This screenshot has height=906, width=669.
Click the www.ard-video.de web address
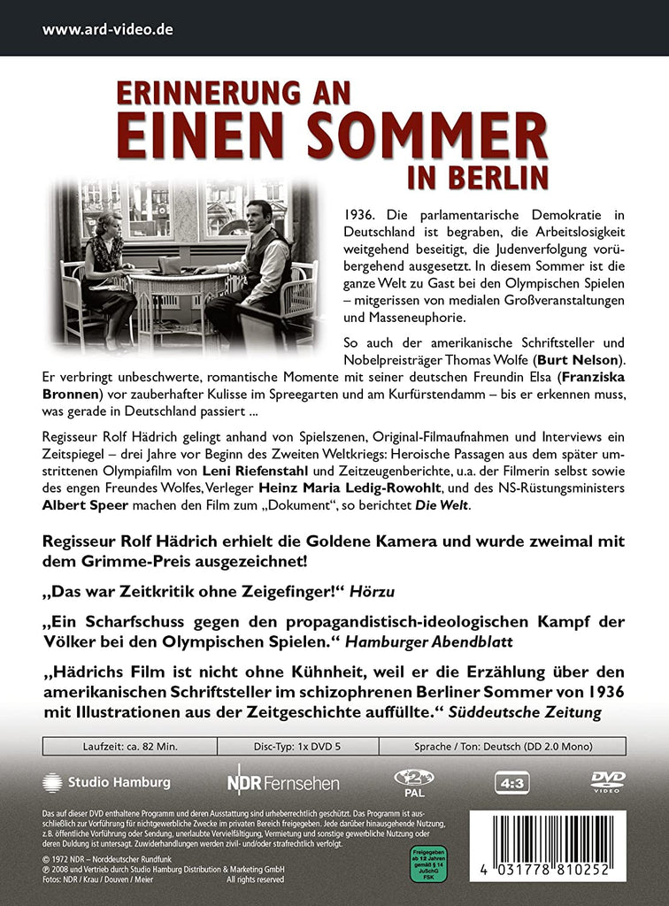click(107, 29)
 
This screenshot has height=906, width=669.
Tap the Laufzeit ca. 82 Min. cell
click(98, 747)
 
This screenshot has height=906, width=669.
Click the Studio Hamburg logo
click(106, 782)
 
